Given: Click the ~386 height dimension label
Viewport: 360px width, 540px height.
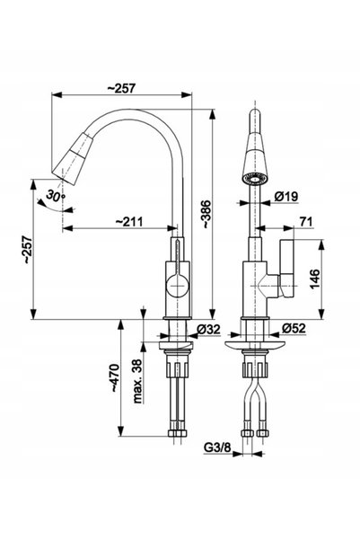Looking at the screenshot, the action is [206, 214].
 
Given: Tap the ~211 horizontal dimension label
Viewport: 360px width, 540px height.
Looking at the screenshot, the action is [128, 221].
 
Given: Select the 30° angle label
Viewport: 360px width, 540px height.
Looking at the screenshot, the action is [56, 196].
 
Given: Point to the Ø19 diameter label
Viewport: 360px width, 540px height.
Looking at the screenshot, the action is [286, 197].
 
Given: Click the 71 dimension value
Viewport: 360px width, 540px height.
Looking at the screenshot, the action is [306, 222].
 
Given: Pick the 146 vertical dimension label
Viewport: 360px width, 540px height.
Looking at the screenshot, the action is [314, 279].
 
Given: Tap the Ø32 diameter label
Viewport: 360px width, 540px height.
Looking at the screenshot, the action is [208, 329].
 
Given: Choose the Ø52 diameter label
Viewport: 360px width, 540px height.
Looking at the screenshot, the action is [294, 328].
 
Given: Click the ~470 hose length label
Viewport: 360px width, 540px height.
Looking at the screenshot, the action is [115, 378].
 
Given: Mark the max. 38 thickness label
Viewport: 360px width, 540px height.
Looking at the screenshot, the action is [137, 381].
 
